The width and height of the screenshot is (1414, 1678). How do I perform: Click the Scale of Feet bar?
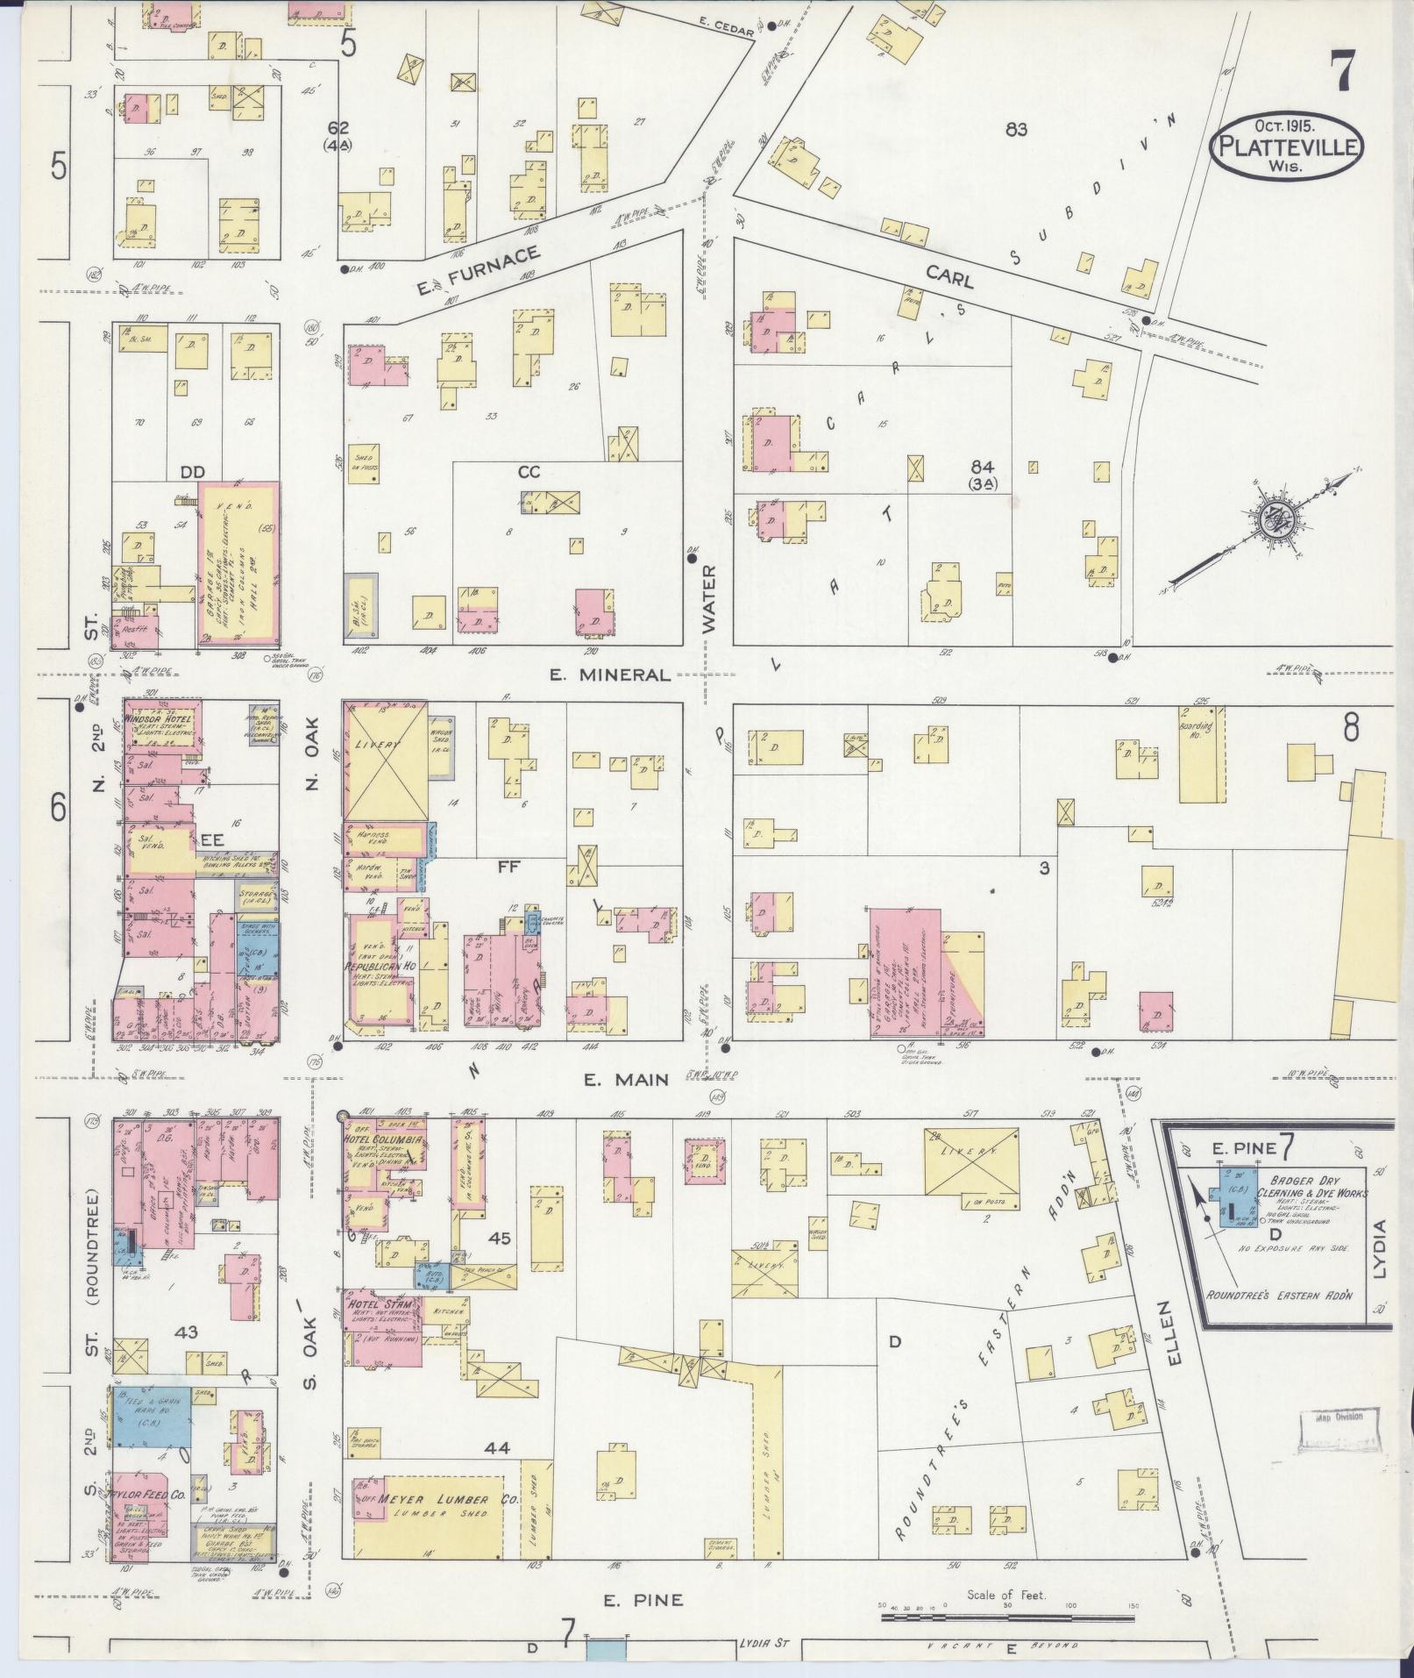[1007, 1616]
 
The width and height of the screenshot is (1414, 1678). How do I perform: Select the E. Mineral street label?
[610, 675]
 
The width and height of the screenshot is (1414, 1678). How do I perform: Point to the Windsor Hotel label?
[159, 718]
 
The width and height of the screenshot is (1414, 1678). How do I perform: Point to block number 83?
[1016, 130]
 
